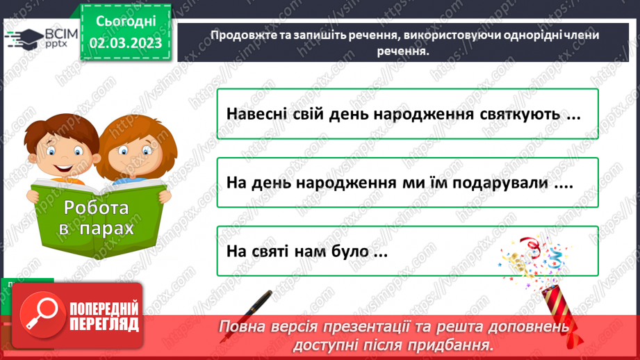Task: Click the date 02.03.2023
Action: pos(125,42)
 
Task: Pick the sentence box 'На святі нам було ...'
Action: pos(407,250)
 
